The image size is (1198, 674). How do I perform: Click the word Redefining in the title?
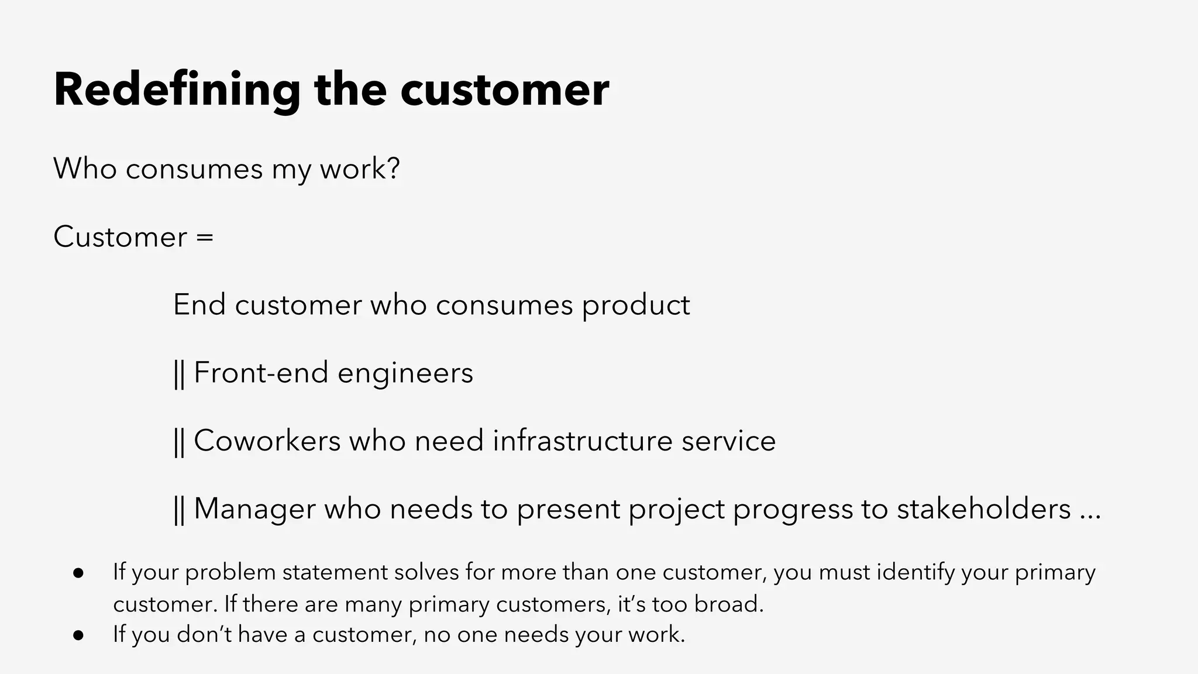(177, 90)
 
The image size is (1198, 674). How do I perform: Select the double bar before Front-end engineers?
(179, 374)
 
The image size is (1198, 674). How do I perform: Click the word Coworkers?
(267, 441)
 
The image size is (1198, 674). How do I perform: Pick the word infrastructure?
(582, 441)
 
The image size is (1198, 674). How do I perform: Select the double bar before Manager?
(179, 510)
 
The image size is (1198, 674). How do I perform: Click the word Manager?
(254, 509)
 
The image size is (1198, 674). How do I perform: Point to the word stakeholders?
(983, 508)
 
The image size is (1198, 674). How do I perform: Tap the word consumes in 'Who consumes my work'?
(194, 169)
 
